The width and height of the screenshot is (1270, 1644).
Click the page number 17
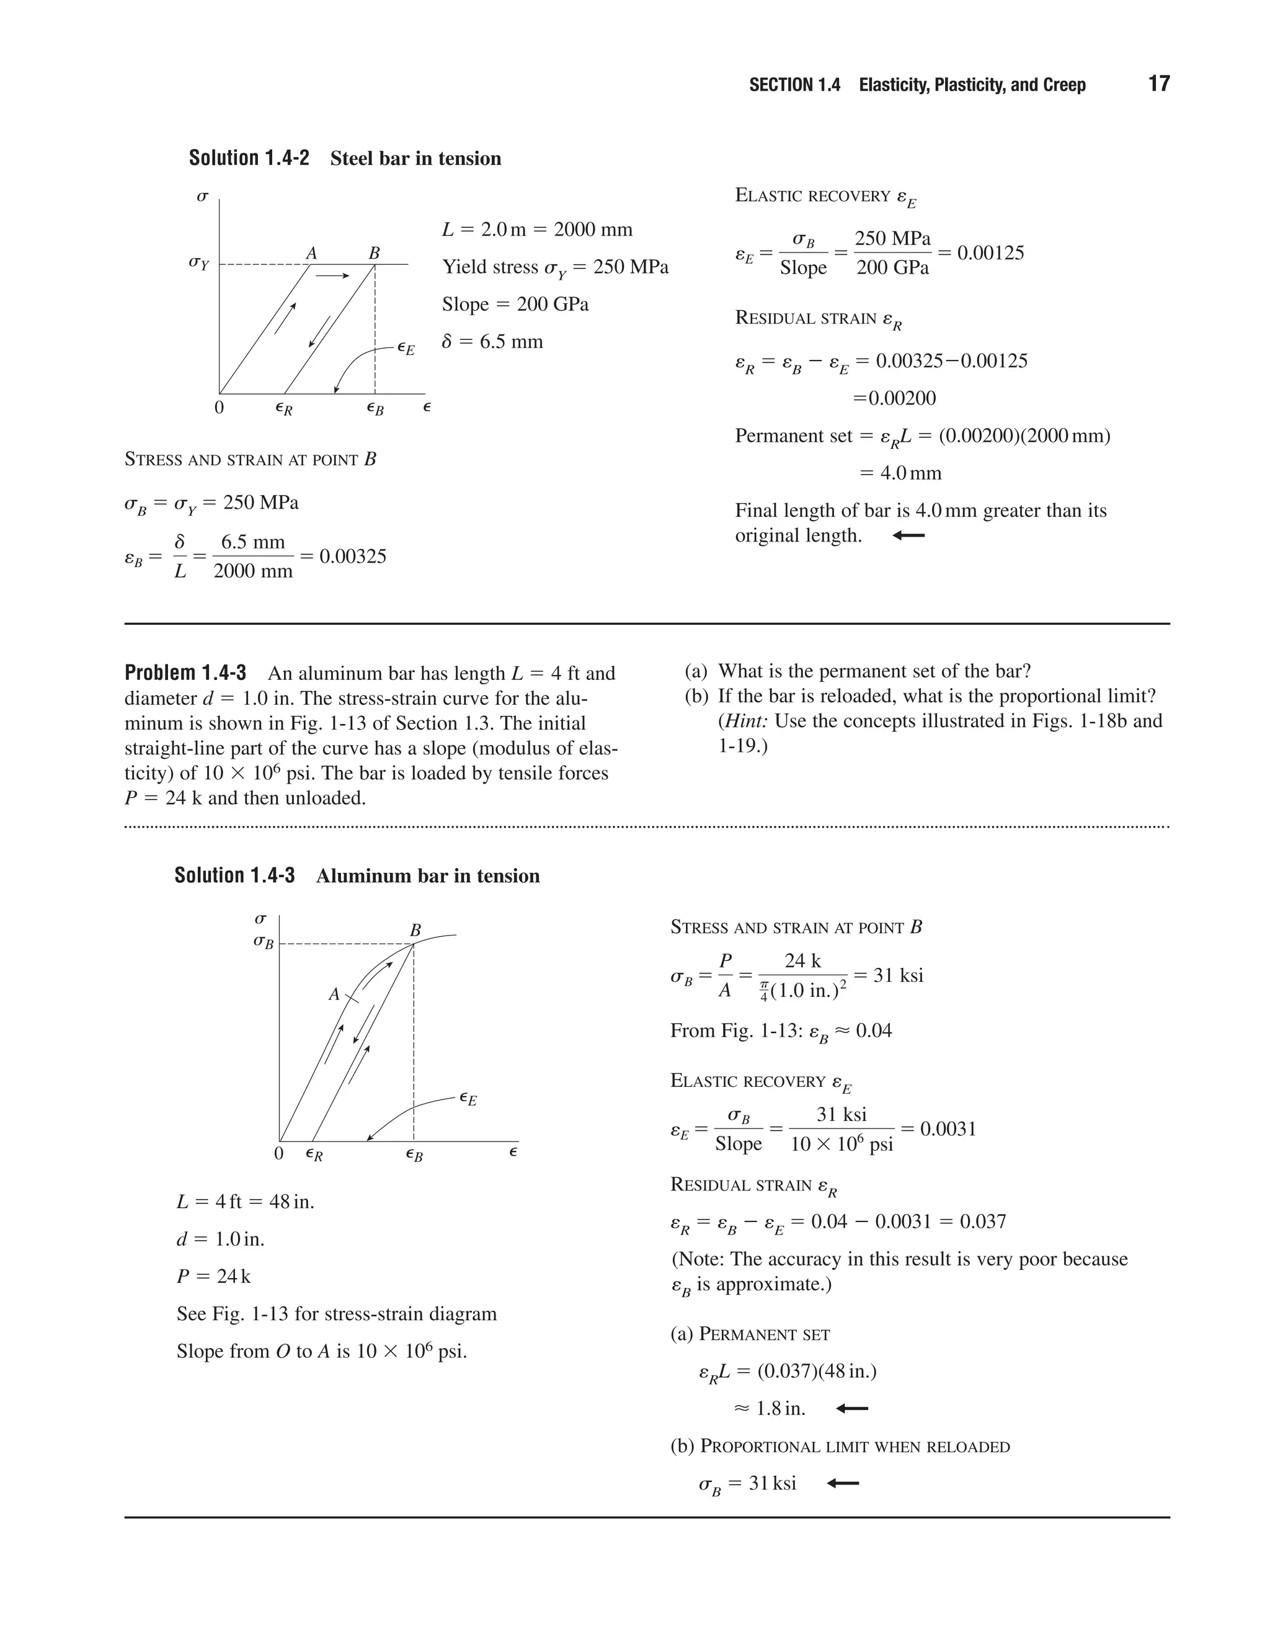tap(1158, 84)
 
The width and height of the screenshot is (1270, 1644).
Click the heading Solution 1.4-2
tap(249, 158)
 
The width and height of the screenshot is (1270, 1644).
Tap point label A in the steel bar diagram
tap(311, 254)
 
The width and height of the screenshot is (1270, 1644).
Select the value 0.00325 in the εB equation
tap(353, 556)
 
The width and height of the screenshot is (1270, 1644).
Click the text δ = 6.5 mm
tap(493, 342)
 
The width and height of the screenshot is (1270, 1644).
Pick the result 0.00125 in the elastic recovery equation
tap(990, 253)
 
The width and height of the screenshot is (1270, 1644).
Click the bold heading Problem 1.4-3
tap(185, 672)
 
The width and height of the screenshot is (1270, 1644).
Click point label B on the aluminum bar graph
tap(415, 931)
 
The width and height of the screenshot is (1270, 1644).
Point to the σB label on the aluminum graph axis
tap(264, 942)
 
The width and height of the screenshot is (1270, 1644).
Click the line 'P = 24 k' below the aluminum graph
tap(214, 1276)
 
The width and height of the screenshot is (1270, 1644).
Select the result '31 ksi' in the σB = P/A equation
tap(899, 976)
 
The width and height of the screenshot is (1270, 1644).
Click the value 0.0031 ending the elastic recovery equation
tap(948, 1128)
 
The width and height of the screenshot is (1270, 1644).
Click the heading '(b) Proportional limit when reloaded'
tap(840, 1446)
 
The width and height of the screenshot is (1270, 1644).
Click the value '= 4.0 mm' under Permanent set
tap(900, 473)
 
